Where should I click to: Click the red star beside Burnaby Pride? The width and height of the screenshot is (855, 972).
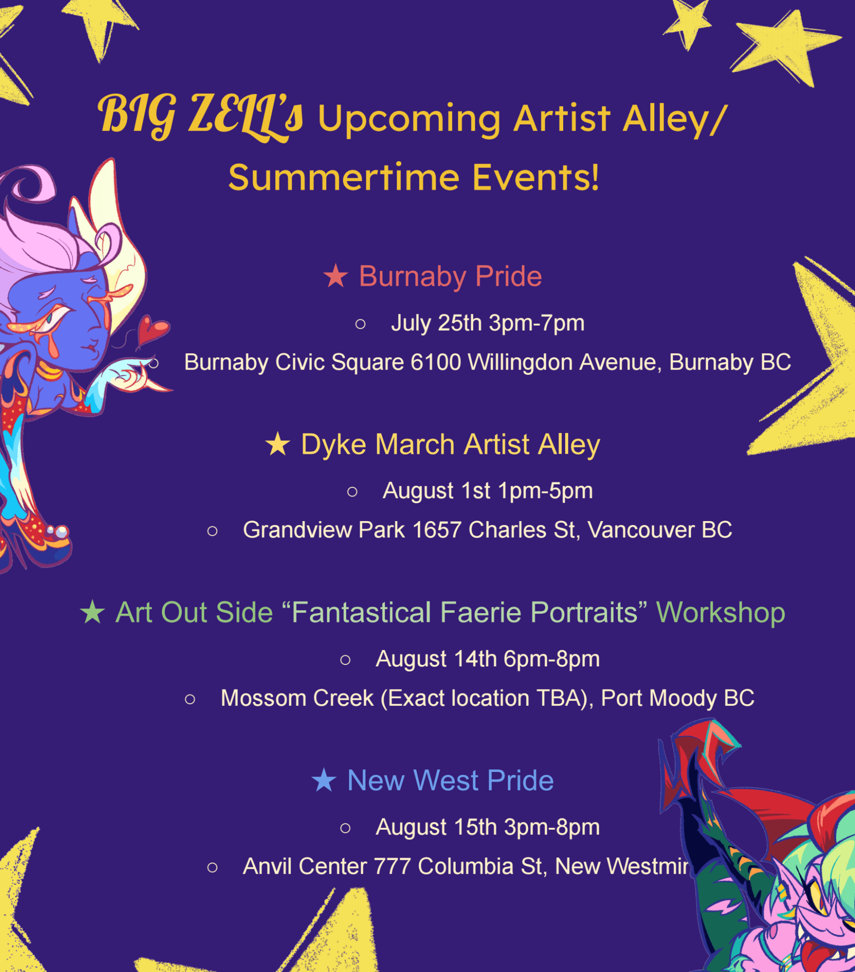[x=335, y=276]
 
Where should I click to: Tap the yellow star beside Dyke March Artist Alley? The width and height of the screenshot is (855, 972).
[x=278, y=444]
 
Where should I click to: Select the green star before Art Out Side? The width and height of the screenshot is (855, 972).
[x=93, y=612]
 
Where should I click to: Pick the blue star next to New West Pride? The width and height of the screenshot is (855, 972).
[x=324, y=780]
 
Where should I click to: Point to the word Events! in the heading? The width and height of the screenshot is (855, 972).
[x=536, y=178]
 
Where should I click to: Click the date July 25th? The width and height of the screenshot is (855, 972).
[x=437, y=323]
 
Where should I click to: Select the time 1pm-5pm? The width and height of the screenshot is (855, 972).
[x=545, y=491]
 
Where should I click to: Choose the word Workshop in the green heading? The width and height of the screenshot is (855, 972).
[x=720, y=613]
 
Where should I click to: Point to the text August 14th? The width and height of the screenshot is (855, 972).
[x=436, y=659]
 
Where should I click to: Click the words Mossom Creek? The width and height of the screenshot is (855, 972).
[x=297, y=698]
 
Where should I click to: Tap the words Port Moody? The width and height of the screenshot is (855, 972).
[x=658, y=699]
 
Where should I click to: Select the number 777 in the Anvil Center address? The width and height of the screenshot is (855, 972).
[x=392, y=867]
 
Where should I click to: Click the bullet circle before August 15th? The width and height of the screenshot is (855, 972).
[x=346, y=828]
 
